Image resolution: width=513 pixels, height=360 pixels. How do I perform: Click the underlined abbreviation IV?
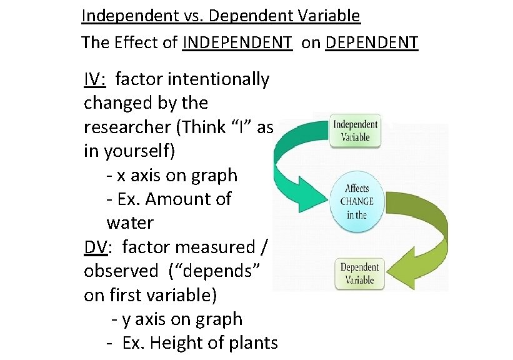(x=96, y=79)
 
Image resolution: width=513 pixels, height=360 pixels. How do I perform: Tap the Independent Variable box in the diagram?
(x=355, y=131)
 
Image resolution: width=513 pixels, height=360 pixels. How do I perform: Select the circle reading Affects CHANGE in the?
(x=357, y=201)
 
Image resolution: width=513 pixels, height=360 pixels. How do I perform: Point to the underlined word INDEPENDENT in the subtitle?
(x=237, y=42)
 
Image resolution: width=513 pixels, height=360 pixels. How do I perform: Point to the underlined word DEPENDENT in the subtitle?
(x=372, y=42)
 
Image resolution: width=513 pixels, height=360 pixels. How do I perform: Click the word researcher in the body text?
(x=127, y=127)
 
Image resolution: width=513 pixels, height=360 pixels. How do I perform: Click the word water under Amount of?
(x=130, y=222)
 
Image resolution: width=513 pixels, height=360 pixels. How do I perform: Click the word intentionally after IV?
(x=192, y=79)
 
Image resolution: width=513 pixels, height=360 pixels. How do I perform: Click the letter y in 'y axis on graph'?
(x=126, y=319)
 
